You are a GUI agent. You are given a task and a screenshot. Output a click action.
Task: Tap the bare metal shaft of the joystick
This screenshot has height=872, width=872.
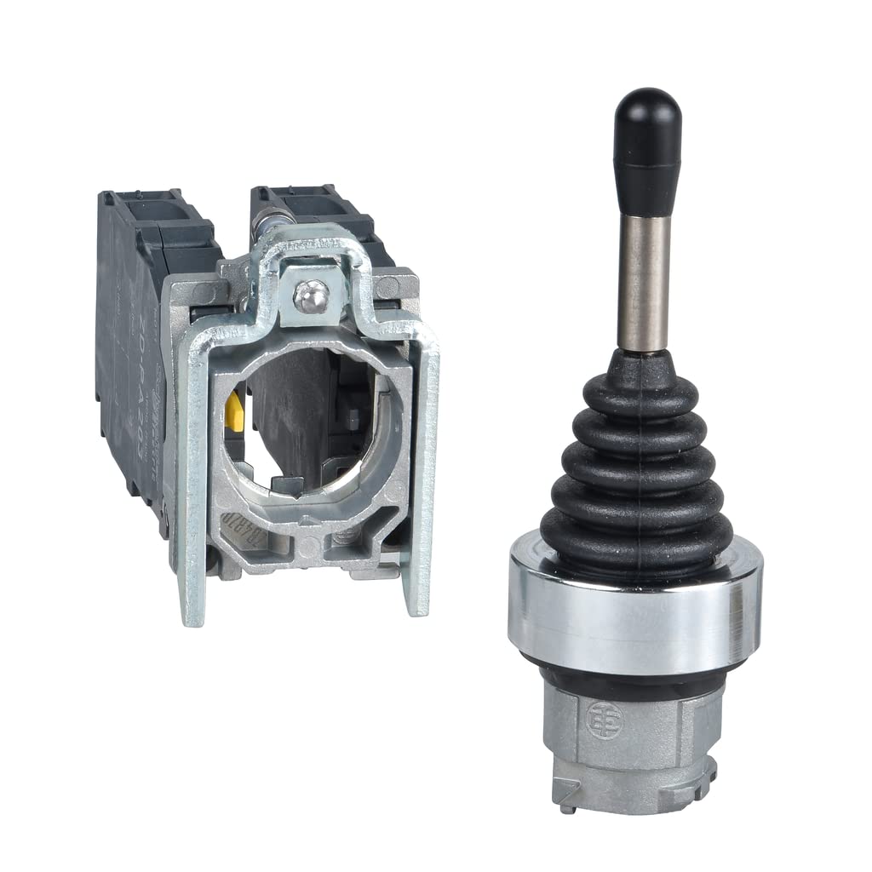click(x=643, y=281)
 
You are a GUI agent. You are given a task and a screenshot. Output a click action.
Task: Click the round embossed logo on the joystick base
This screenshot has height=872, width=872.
click(x=605, y=720)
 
